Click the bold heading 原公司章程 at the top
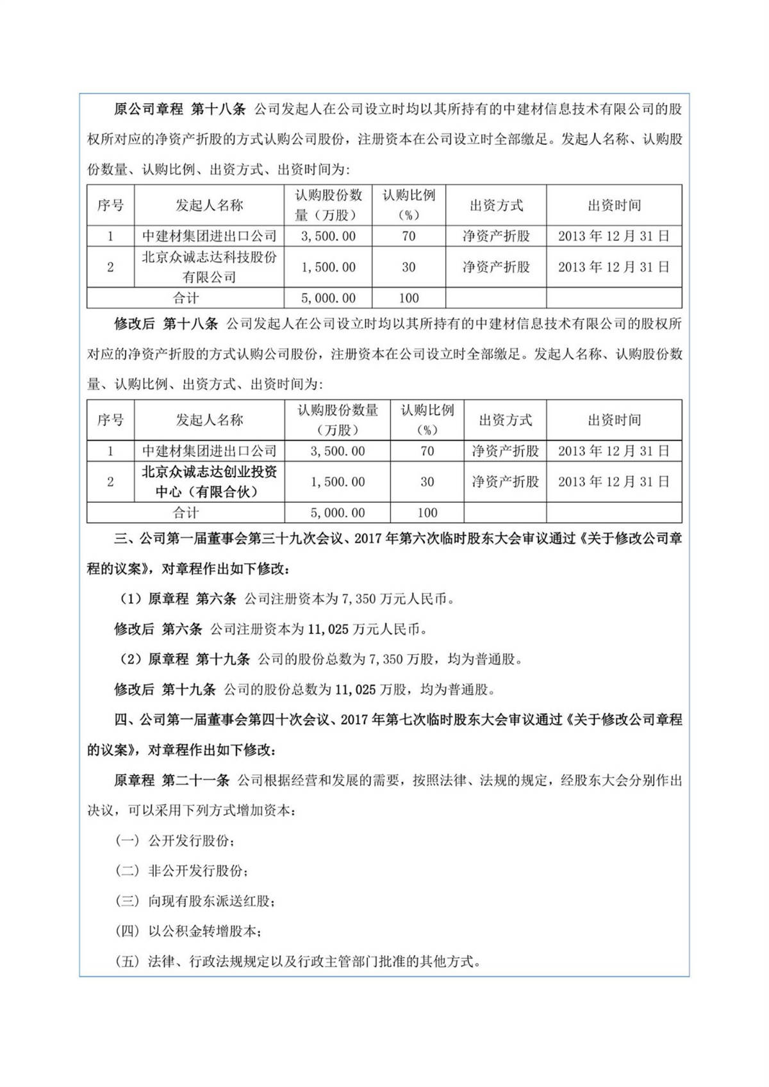point(148,109)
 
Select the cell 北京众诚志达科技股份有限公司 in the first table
point(209,267)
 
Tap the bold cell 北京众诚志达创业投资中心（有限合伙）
point(209,482)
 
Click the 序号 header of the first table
point(110,206)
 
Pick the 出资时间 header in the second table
point(614,420)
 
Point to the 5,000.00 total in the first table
point(328,298)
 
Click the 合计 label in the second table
point(186,512)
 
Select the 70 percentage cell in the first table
point(409,236)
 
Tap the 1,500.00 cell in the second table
point(338,482)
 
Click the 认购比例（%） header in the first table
point(409,205)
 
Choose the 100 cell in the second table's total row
point(427,512)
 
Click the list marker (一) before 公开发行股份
point(127,840)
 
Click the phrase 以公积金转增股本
point(202,931)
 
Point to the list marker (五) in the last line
point(127,961)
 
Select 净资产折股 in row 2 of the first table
point(496,267)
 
